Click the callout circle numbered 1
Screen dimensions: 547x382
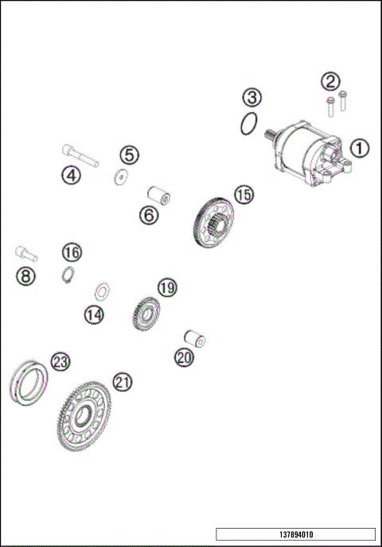pos(359,147)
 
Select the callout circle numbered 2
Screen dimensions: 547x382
pos(330,80)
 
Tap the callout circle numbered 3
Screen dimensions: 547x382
pos(251,98)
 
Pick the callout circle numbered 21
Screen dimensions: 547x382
pos(122,382)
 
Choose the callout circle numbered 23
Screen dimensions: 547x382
pos(60,361)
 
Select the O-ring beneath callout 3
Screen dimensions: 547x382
pos(249,123)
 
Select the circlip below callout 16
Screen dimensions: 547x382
pos(68,275)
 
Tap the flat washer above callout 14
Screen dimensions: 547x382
pos(102,289)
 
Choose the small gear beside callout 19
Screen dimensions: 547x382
pos(144,312)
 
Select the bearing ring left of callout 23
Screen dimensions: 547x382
pos(28,381)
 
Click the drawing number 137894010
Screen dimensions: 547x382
pos(294,534)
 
